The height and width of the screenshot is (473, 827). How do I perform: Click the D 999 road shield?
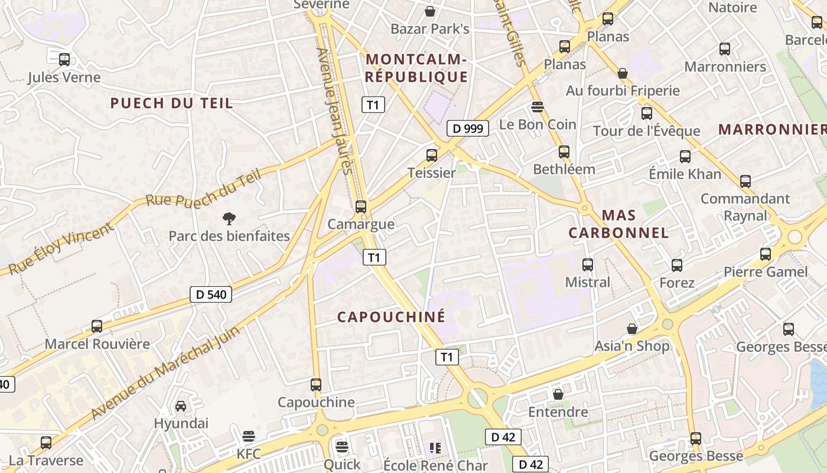[468, 128]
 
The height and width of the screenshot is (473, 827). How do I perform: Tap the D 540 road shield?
[211, 294]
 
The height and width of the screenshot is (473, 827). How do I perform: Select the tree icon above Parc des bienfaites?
[229, 219]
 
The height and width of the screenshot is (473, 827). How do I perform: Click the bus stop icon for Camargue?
[360, 207]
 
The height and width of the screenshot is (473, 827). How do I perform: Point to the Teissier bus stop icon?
[432, 155]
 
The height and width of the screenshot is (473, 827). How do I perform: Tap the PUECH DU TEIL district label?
[171, 103]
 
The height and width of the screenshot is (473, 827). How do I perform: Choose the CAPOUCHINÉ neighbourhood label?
[391, 317]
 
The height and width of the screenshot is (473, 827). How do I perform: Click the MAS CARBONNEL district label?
[618, 223]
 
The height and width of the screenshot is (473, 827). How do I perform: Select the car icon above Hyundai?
[181, 406]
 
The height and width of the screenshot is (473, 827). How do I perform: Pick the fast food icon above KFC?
[249, 436]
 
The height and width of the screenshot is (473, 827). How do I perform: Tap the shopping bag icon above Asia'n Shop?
[632, 329]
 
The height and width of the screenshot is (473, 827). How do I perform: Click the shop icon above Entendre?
[558, 394]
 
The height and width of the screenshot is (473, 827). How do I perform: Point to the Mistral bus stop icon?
[587, 265]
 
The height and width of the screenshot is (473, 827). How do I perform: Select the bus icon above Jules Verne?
[64, 60]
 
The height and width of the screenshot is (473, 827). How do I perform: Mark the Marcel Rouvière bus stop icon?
[97, 326]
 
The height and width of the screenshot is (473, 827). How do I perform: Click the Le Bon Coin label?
[538, 124]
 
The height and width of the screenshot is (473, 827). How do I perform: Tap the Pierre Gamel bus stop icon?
[766, 254]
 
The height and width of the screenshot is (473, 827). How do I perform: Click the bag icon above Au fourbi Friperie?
[623, 73]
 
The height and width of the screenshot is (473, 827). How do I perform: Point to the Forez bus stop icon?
[677, 265]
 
